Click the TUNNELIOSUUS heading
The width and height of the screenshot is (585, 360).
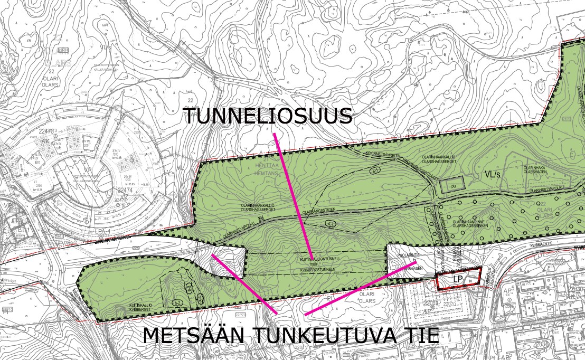coord(268,116)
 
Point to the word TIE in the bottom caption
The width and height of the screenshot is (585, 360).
coord(419,335)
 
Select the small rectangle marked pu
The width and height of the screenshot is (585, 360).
coord(452,185)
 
